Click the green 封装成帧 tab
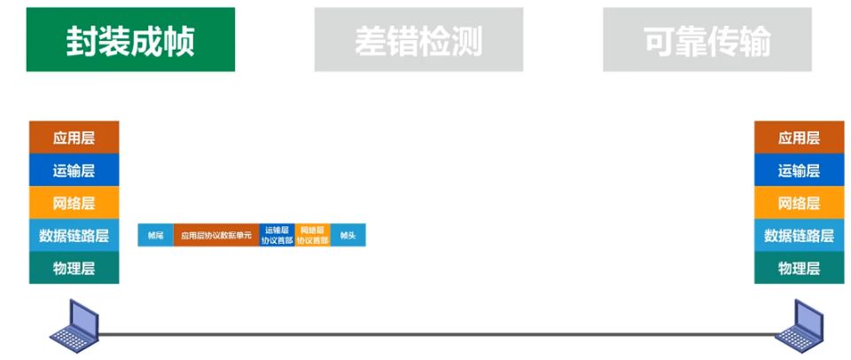[130, 40]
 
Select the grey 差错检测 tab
[418, 40]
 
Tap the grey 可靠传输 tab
[707, 40]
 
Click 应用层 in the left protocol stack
[74, 138]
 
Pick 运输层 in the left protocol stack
[74, 171]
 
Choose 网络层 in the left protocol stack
[74, 203]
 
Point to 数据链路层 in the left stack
[74, 236]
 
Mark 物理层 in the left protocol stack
[74, 268]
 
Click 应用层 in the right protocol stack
[799, 138]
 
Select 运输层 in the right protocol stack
[799, 171]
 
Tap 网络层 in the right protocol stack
[799, 203]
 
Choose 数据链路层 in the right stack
[799, 236]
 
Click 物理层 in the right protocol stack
[799, 268]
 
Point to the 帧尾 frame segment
[155, 236]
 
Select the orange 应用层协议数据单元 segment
[216, 236]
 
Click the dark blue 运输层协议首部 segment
[277, 236]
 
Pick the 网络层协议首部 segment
[312, 236]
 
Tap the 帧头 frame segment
[347, 236]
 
